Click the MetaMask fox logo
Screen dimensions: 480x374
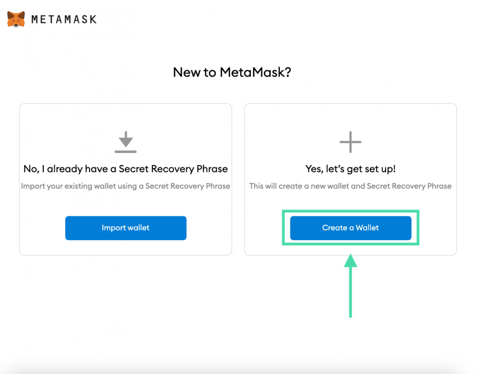pyautogui.click(x=16, y=19)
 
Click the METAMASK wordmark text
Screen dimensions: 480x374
pyautogui.click(x=64, y=20)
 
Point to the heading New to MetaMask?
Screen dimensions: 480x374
pyautogui.click(x=232, y=73)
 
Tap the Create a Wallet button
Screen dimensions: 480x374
pyautogui.click(x=351, y=228)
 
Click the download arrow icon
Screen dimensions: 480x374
pyautogui.click(x=126, y=142)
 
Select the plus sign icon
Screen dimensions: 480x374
pyautogui.click(x=351, y=142)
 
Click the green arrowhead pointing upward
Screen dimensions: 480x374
pyautogui.click(x=351, y=261)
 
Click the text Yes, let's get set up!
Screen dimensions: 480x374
pyautogui.click(x=351, y=169)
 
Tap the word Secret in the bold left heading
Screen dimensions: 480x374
pyautogui.click(x=134, y=169)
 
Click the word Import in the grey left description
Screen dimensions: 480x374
pyautogui.click(x=31, y=186)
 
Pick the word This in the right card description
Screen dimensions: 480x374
pyautogui.click(x=256, y=186)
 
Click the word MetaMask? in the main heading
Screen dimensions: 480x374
pyautogui.click(x=255, y=73)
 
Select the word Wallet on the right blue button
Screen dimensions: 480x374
pyautogui.click(x=367, y=228)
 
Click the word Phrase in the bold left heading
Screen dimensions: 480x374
pyautogui.click(x=212, y=169)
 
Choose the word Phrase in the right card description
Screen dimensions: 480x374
pyautogui.click(x=439, y=186)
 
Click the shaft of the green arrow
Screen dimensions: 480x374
pyautogui.click(x=351, y=292)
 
